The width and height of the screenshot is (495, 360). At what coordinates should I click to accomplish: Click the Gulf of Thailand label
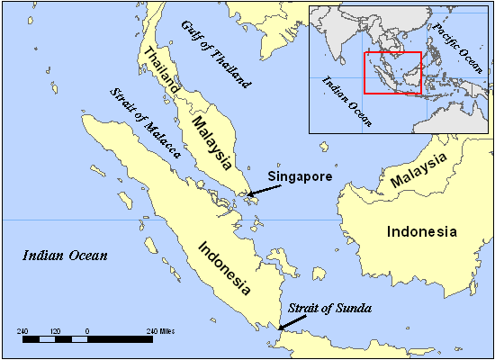217,53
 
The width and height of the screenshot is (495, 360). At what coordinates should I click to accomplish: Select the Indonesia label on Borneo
421,231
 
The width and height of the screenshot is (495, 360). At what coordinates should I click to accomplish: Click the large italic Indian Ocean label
65,256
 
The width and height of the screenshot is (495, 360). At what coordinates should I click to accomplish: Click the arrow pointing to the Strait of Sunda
292,322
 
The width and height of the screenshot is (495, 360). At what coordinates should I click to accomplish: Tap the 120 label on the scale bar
55,331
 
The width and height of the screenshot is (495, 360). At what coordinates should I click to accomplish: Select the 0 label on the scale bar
87,331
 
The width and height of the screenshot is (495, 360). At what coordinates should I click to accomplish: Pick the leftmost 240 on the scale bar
23,331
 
